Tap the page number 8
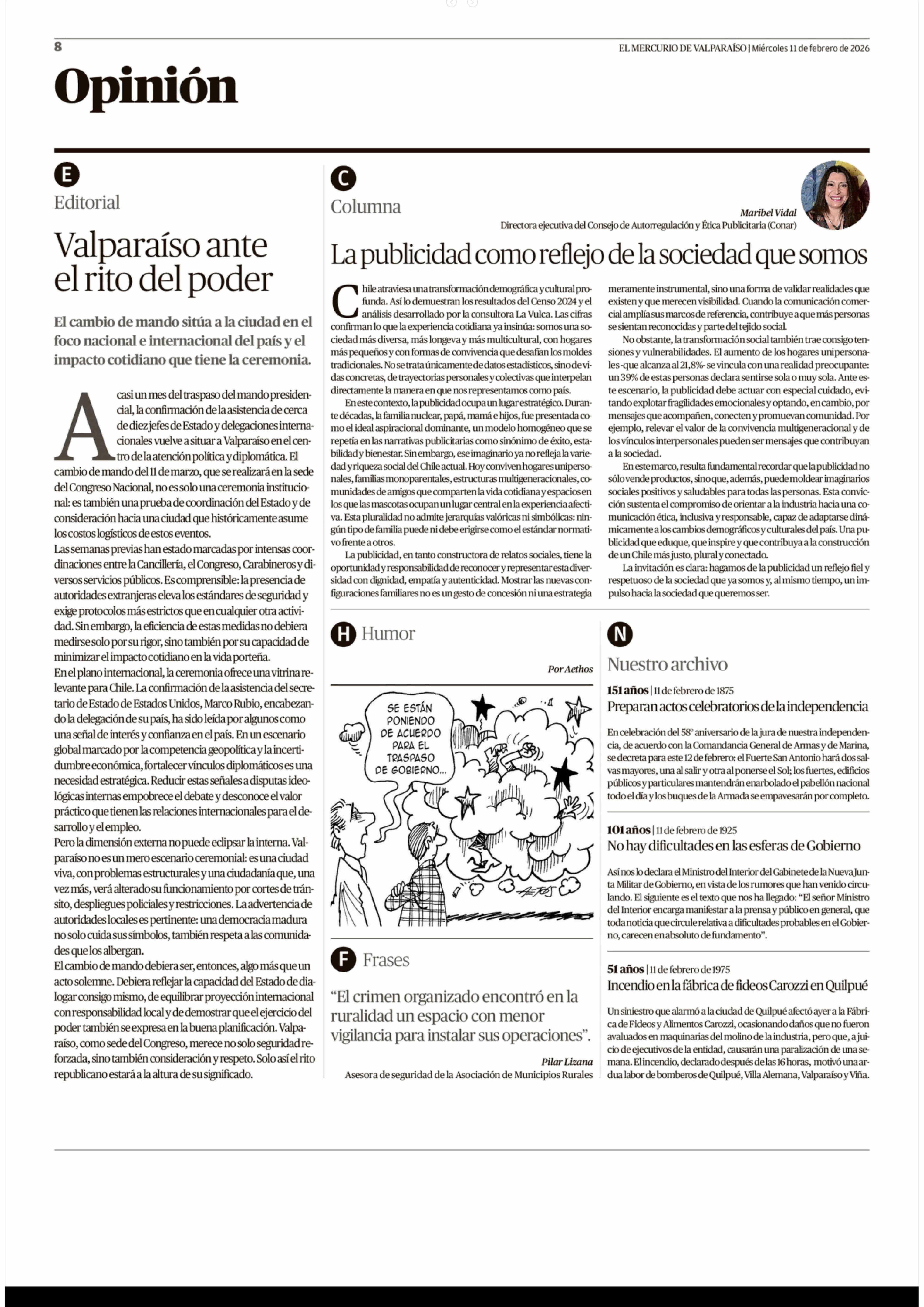58,47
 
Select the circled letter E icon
67,175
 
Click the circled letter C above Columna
343,179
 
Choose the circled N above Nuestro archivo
620,634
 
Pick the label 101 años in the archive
628,830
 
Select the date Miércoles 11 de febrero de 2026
810,48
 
